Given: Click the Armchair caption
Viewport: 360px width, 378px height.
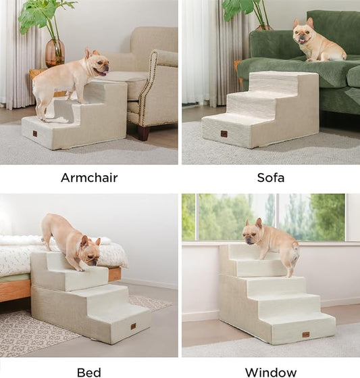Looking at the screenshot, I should tap(89, 179).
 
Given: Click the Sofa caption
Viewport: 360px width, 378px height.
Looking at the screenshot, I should tap(271, 179).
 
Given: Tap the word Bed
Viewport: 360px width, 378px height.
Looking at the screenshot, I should tap(89, 372).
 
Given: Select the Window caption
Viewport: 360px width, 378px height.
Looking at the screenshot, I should tap(271, 372).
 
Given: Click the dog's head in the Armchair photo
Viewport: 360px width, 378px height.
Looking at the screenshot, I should tap(97, 64).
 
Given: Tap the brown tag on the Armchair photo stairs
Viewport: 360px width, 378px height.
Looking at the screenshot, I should tap(34, 134).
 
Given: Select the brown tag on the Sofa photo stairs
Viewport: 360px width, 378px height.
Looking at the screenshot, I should tap(224, 134).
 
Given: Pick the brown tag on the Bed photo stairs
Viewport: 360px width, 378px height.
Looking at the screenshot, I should tap(132, 327).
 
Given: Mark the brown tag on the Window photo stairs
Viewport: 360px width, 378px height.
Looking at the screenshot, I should tap(306, 334).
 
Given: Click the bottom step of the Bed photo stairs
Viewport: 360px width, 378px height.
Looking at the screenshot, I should tap(122, 321).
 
